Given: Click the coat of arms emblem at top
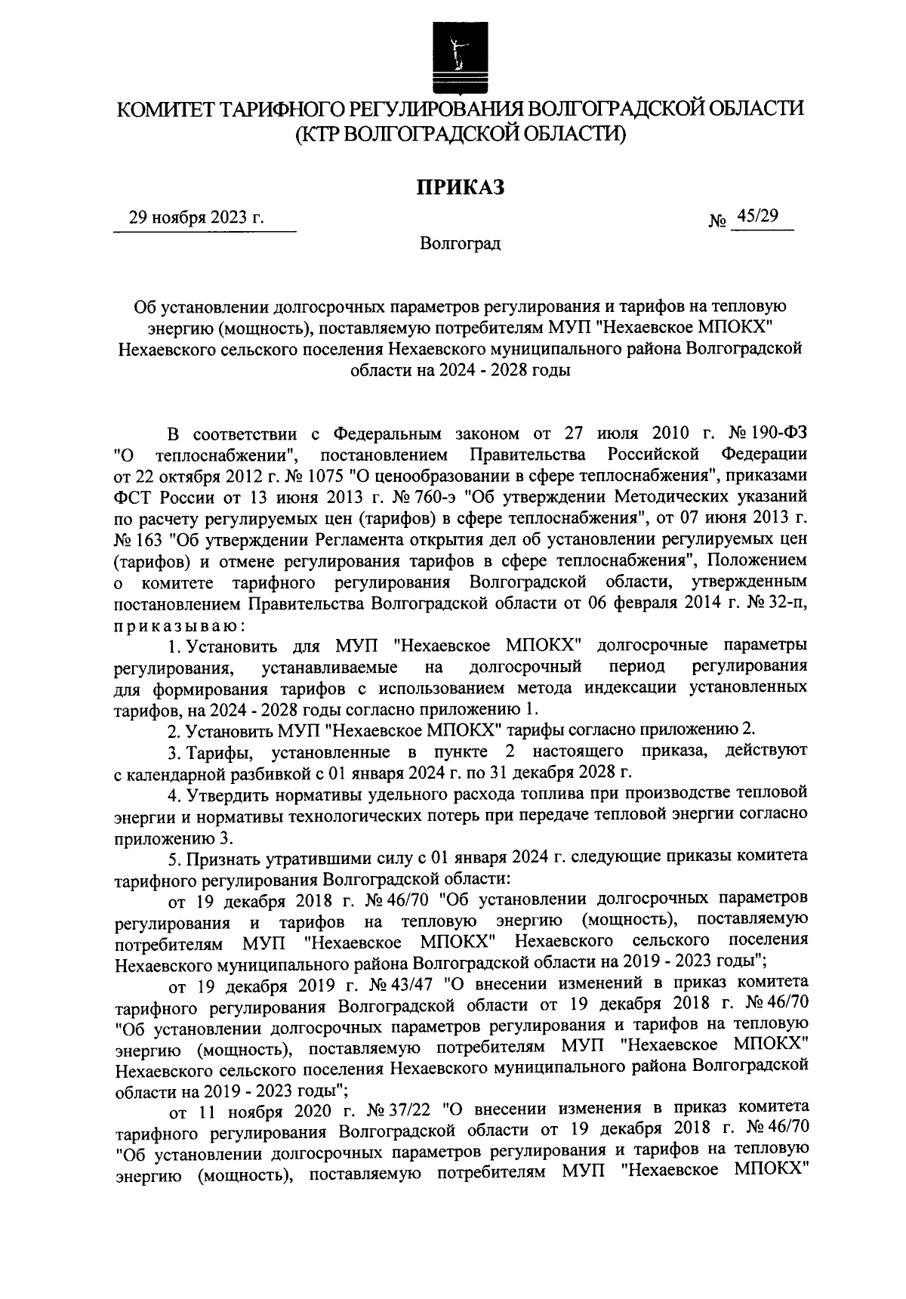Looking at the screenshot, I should coord(455,54).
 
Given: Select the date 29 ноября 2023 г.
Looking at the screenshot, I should coord(196,218).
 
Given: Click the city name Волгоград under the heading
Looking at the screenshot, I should coord(460,244).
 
